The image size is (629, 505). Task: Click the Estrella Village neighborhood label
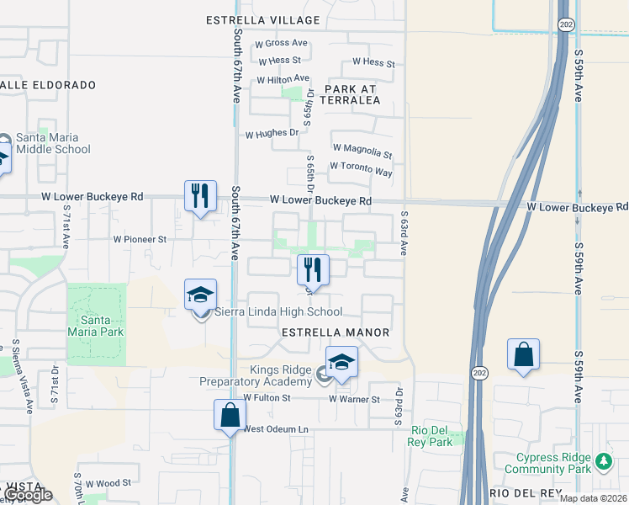coord(263,20)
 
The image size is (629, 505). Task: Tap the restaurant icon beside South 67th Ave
coord(200,196)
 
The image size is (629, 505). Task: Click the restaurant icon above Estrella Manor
coord(312,269)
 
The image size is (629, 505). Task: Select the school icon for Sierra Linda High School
coord(201,295)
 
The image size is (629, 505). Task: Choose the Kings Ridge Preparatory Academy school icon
coord(341,362)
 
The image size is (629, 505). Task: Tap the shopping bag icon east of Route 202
coord(523,354)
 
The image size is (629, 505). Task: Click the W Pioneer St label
coord(140,239)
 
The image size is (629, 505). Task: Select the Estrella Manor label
coord(336,332)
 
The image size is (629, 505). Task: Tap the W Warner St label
coord(354,399)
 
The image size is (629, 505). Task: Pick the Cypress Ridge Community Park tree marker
coord(603,461)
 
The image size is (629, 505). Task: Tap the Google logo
coord(28,495)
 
